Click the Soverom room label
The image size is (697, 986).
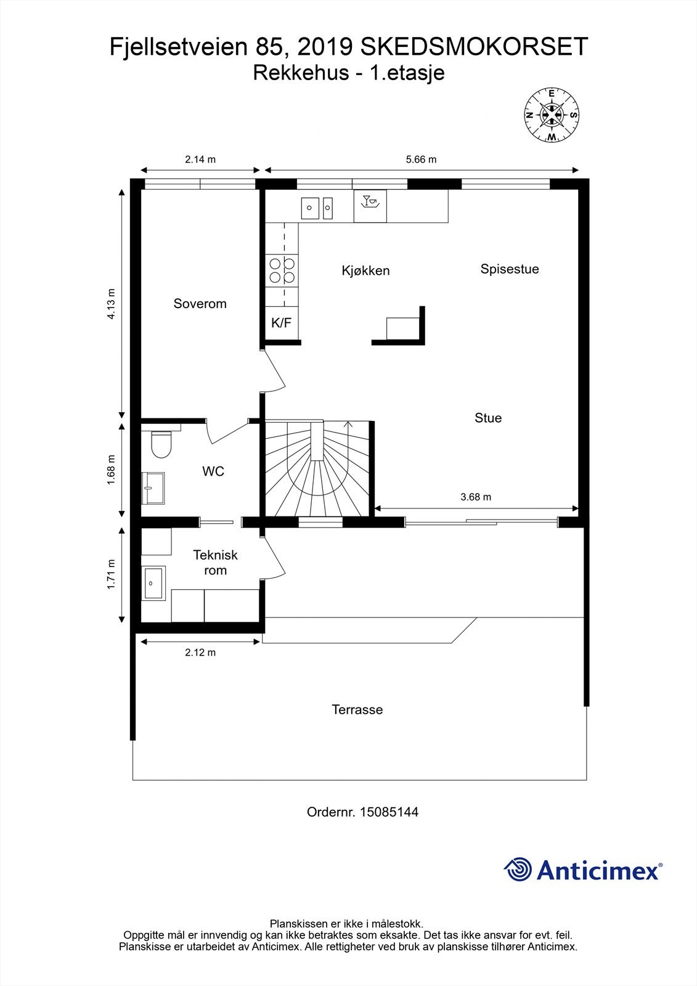200,304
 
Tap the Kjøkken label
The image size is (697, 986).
365,271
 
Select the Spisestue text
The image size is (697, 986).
510,269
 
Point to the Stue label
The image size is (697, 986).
488,418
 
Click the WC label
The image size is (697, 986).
213,471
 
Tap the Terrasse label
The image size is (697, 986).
357,709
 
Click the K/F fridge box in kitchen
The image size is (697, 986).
282,323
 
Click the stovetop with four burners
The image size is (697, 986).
282,271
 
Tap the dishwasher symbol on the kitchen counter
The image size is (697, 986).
370,206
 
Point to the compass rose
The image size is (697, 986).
552,115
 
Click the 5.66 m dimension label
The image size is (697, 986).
421,160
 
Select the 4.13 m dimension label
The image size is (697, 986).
111,304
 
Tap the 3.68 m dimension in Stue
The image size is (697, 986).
476,497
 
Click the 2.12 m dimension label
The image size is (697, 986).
200,653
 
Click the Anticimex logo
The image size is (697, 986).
583,870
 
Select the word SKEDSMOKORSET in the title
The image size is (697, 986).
474,47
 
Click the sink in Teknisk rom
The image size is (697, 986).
153,583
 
